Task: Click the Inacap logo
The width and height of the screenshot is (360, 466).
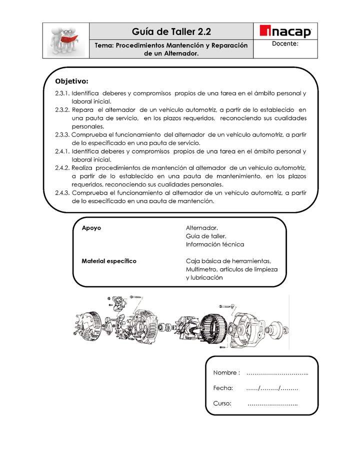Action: (x=286, y=32)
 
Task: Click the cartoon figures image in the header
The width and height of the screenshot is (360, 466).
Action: (x=65, y=40)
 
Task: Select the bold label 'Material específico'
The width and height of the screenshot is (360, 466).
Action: (x=109, y=261)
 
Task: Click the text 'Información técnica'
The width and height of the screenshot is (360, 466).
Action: (x=215, y=244)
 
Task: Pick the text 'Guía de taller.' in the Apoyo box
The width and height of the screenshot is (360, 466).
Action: (x=206, y=236)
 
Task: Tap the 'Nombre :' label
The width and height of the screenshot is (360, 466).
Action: (x=226, y=373)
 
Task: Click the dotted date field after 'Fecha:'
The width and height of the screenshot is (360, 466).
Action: (x=272, y=388)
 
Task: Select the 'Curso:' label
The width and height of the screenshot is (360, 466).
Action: (x=222, y=403)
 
